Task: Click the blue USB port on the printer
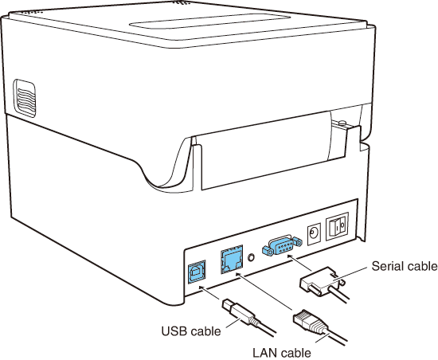(x=197, y=272)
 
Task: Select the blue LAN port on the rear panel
(x=232, y=260)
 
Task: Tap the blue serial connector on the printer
(x=282, y=245)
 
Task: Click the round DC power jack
(x=314, y=232)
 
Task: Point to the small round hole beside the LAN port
(x=252, y=257)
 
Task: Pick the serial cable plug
(x=320, y=282)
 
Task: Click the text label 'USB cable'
(x=191, y=331)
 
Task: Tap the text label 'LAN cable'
(x=282, y=353)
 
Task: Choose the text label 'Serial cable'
(x=405, y=266)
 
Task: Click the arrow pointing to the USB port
(x=209, y=293)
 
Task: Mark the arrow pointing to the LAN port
(x=264, y=292)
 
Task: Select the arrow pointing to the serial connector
(x=300, y=263)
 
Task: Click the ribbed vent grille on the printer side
(x=25, y=98)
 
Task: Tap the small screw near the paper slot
(x=342, y=123)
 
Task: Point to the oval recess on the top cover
(x=209, y=22)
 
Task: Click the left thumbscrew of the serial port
(x=268, y=250)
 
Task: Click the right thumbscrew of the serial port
(x=297, y=242)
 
